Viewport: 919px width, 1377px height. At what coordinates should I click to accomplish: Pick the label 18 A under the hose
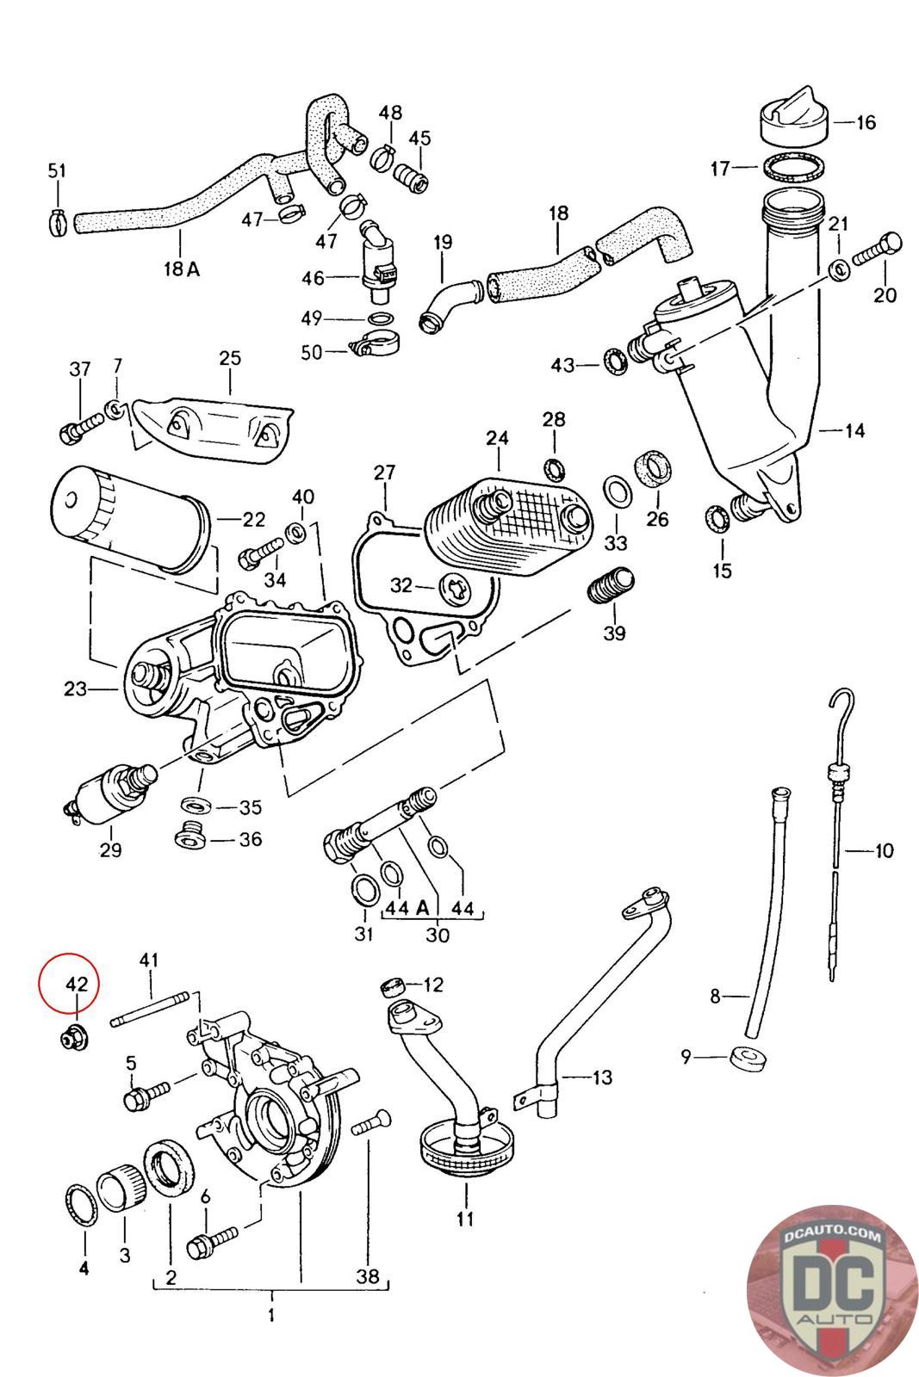[181, 269]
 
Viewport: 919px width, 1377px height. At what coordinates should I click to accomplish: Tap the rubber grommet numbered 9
[748, 1058]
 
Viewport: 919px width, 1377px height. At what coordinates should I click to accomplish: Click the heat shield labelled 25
[211, 423]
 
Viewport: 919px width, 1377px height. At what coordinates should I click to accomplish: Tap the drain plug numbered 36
[189, 834]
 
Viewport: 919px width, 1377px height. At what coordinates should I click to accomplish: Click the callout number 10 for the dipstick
[884, 851]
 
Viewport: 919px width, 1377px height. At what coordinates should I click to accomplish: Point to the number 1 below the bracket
[272, 1316]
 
